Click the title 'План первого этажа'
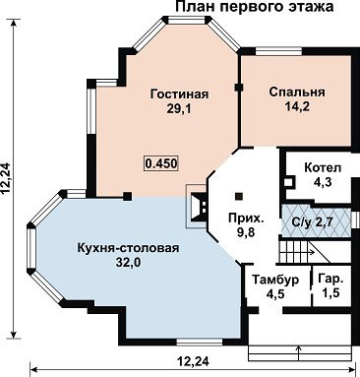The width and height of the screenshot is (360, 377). (255, 7)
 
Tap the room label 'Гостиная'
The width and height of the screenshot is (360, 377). (179, 94)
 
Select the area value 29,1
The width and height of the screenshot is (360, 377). (179, 109)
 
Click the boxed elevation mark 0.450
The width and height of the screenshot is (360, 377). (161, 163)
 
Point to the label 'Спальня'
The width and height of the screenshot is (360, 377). (297, 93)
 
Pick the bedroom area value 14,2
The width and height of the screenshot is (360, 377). (297, 106)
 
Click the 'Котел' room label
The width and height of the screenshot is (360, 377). (323, 167)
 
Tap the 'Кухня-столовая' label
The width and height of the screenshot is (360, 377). (128, 248)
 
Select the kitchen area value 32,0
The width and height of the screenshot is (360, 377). (128, 263)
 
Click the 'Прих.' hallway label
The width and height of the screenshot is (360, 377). (246, 218)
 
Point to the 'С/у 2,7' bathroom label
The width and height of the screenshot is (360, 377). (312, 222)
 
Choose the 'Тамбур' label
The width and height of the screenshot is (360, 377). (275, 280)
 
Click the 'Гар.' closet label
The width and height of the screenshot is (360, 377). (331, 280)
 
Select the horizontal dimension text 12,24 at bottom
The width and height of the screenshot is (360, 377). (194, 361)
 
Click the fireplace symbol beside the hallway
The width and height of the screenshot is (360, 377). (198, 207)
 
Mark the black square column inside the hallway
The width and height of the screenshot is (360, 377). (240, 196)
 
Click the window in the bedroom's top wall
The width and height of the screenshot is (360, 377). (278, 51)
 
